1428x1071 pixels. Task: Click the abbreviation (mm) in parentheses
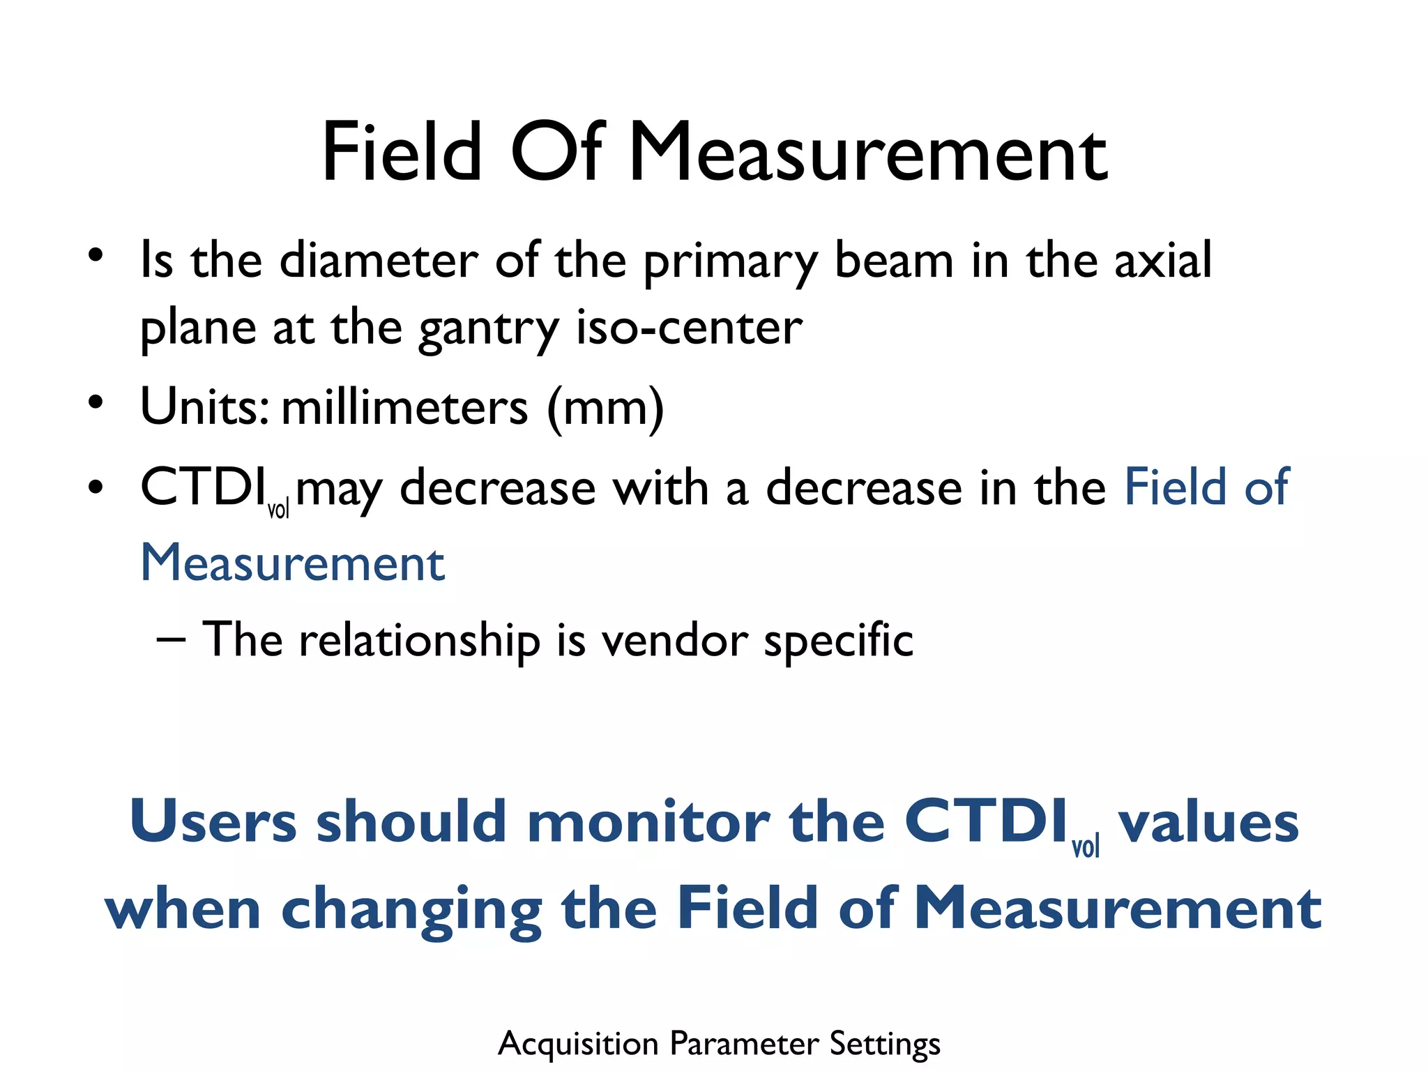(605, 409)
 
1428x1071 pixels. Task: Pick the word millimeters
(404, 407)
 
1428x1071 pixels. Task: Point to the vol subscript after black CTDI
(278, 510)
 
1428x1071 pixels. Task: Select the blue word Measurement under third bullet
(293, 563)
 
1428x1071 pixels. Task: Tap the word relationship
(419, 640)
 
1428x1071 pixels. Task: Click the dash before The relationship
(171, 638)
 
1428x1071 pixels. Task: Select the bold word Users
(213, 822)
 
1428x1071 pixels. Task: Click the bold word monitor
(648, 822)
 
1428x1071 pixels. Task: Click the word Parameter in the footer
(744, 1044)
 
